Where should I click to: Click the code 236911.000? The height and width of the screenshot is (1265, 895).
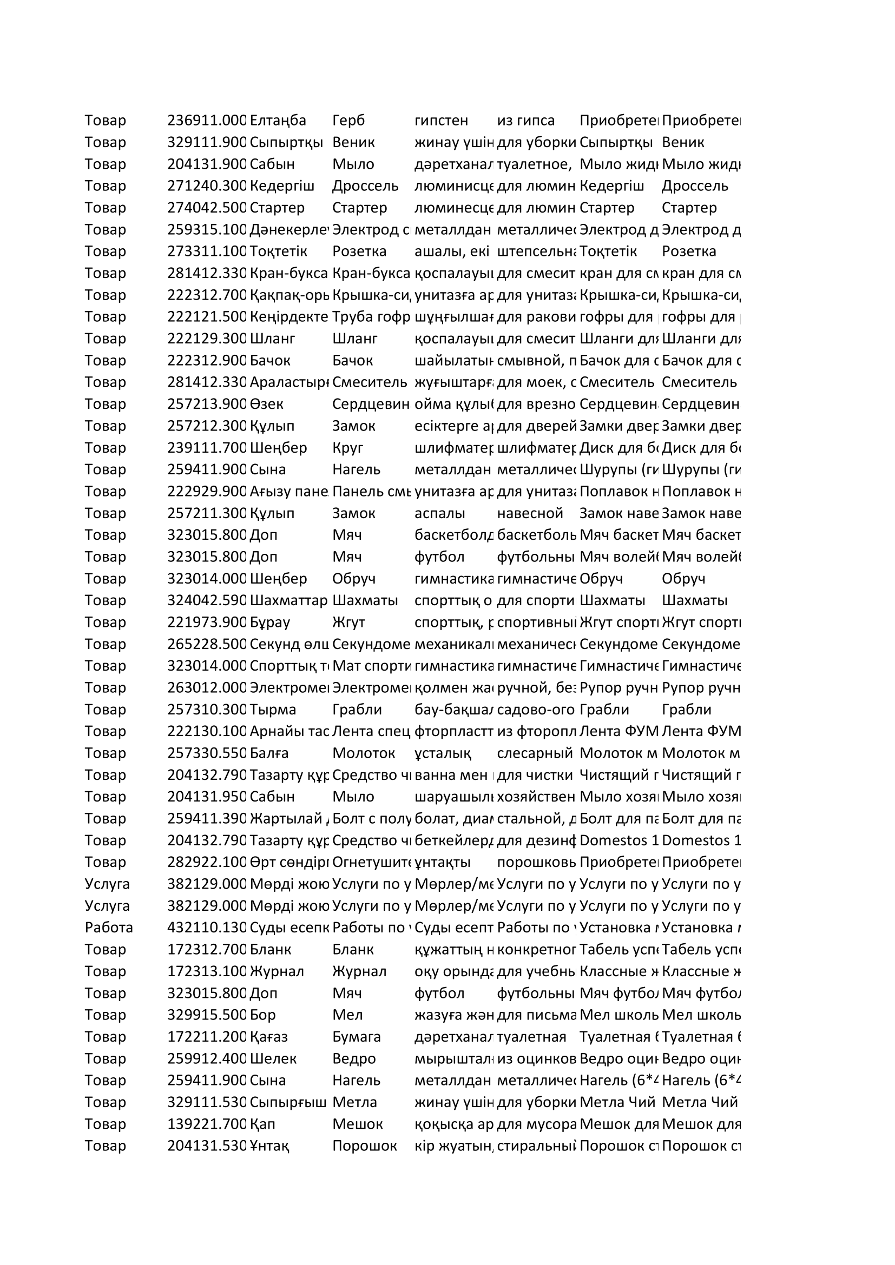pyautogui.click(x=207, y=121)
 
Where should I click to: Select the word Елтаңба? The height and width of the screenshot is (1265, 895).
pyautogui.click(x=278, y=121)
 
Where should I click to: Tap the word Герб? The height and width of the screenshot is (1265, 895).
pyautogui.click(x=348, y=121)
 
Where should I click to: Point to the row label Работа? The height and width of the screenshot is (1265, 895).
pyautogui.click(x=109, y=928)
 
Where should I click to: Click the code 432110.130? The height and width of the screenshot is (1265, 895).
pyautogui.click(x=207, y=928)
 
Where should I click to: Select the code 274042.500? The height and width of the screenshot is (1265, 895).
pyautogui.click(x=207, y=208)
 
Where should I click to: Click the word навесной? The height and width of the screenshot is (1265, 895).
pyautogui.click(x=530, y=513)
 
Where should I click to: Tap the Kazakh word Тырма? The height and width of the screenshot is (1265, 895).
pyautogui.click(x=273, y=709)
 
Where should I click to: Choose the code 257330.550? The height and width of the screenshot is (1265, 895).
pyautogui.click(x=207, y=753)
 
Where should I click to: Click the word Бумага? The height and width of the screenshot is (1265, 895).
pyautogui.click(x=356, y=1036)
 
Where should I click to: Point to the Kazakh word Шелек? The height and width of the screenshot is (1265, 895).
pyautogui.click(x=273, y=1058)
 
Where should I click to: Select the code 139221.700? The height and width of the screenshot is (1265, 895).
pyautogui.click(x=207, y=1124)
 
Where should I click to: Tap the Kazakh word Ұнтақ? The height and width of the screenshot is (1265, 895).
pyautogui.click(x=269, y=1145)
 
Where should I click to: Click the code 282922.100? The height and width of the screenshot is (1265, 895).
pyautogui.click(x=207, y=862)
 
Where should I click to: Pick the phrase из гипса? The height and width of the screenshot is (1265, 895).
pyautogui.click(x=525, y=121)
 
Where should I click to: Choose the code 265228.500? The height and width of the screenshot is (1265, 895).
pyautogui.click(x=207, y=644)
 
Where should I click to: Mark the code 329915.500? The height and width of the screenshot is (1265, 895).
pyautogui.click(x=207, y=1014)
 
